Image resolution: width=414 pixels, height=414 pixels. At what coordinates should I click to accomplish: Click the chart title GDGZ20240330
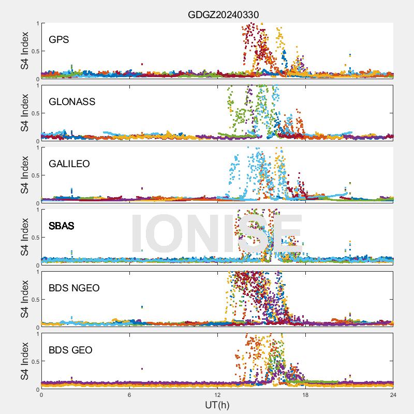point(223,14)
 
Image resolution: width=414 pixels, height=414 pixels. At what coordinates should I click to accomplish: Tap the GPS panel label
point(59,39)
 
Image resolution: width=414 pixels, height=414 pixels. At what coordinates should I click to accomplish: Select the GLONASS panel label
point(72,101)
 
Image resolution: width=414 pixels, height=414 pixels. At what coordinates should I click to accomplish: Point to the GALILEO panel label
point(69,164)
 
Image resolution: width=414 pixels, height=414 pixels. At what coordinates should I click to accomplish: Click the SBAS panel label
point(62,226)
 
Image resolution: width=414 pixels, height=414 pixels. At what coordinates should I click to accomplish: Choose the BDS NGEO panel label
point(74,288)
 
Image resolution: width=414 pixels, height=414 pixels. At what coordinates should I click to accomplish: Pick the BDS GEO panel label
point(70,350)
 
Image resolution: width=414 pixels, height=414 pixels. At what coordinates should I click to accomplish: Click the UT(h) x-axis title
point(217,404)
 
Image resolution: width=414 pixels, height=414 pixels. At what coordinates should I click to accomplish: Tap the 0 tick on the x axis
point(41,394)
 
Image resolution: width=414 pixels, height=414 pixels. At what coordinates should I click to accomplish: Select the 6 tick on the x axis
point(129,394)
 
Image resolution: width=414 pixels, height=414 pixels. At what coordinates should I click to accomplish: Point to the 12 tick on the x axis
point(217,394)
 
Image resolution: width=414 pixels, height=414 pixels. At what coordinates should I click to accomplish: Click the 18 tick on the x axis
point(305,394)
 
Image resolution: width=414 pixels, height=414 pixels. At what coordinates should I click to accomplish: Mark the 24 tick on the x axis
point(393,394)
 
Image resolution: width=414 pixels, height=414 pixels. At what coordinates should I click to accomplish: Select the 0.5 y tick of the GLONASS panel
point(34,113)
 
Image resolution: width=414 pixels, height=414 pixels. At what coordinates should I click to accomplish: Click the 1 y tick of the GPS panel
point(37,23)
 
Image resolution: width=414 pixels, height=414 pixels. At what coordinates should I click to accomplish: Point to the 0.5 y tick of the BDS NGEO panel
point(34,300)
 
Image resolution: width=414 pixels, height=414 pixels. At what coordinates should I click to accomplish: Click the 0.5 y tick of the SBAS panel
point(34,238)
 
